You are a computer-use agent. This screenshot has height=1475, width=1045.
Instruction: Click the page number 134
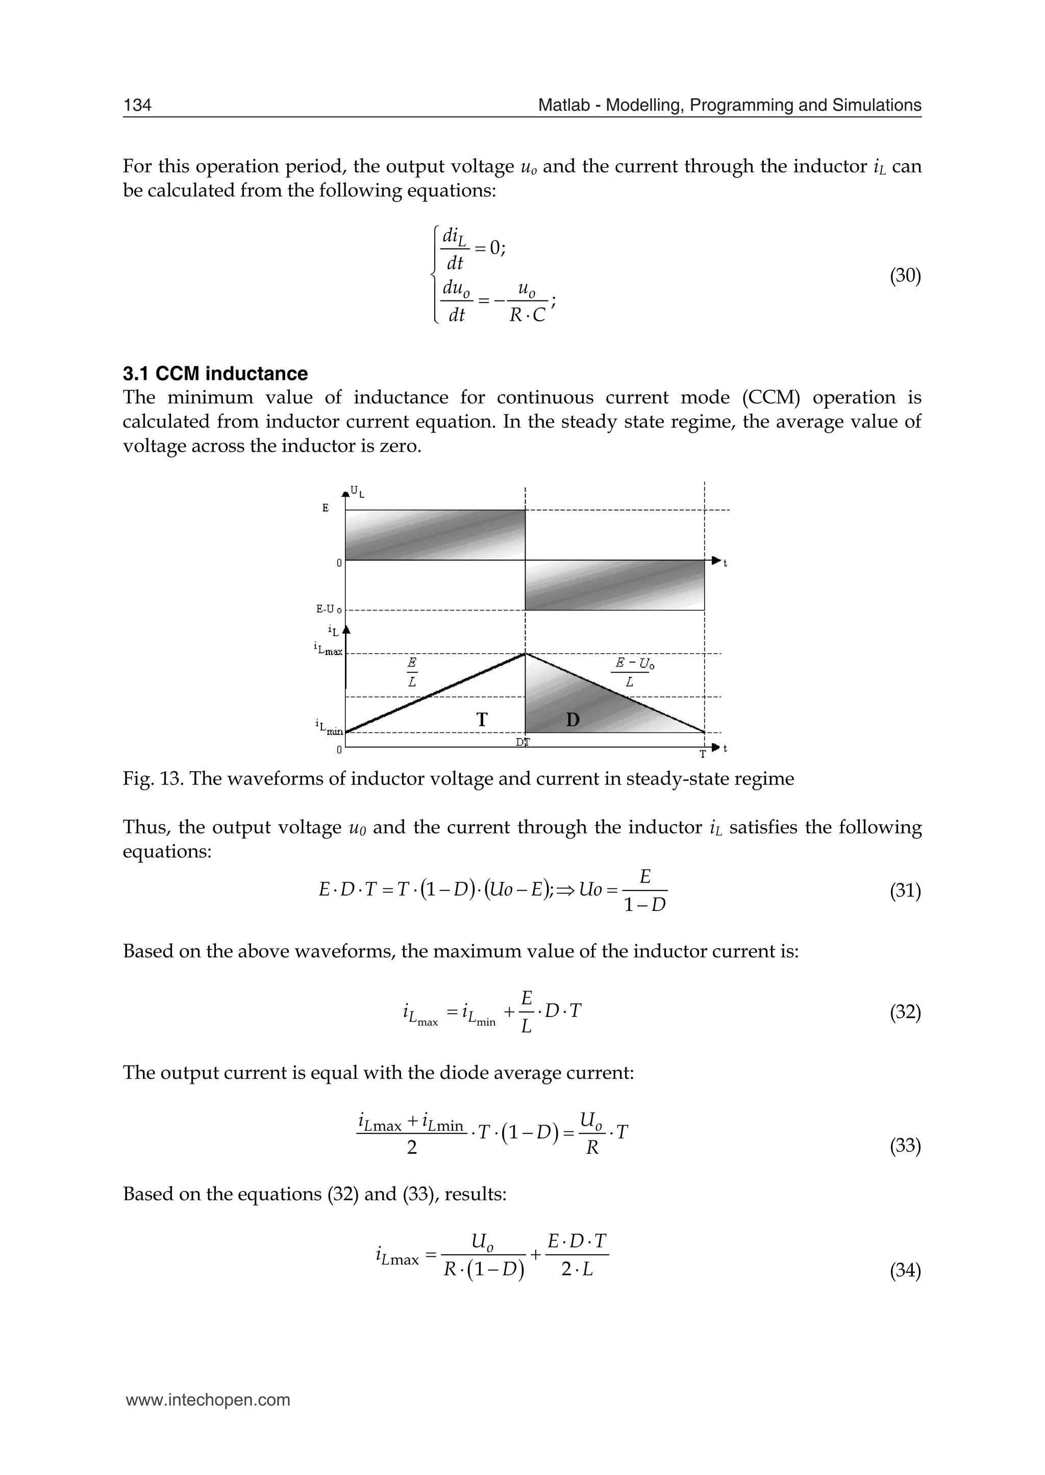tap(137, 105)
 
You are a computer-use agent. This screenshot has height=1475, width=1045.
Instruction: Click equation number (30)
tap(905, 276)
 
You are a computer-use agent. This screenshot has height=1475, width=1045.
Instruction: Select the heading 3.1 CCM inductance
tap(215, 374)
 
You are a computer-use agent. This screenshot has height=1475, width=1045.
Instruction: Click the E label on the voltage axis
tap(325, 508)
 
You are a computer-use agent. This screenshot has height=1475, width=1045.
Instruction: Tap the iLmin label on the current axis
tap(330, 727)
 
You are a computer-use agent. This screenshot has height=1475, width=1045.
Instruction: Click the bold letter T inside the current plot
tap(481, 720)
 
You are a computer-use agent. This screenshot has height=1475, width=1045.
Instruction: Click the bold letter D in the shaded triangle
tap(573, 720)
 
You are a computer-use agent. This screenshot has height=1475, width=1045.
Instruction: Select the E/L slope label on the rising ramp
tap(412, 672)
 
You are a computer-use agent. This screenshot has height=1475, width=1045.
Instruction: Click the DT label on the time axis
tap(523, 742)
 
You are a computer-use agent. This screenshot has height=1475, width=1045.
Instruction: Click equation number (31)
tap(905, 891)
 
